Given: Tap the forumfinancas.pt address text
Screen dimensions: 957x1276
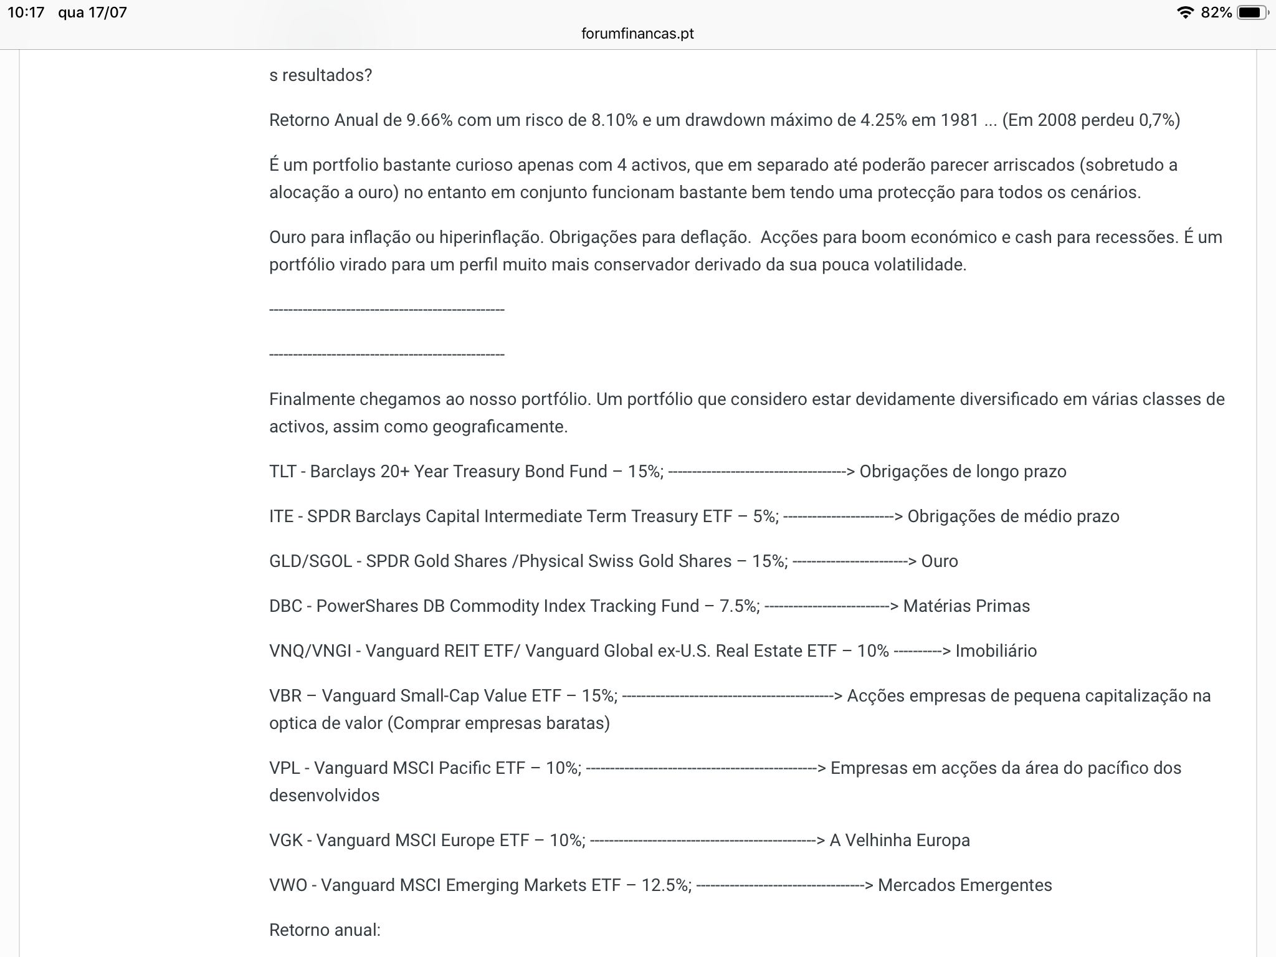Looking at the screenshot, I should tap(637, 34).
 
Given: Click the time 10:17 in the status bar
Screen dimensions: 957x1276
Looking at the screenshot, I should tap(26, 12).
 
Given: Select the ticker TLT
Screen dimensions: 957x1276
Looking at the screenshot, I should tap(282, 472).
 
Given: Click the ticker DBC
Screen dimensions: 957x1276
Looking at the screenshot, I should tap(285, 606).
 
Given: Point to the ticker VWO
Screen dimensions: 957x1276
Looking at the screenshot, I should tap(288, 885).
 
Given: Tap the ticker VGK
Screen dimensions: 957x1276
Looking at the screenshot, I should tap(285, 840).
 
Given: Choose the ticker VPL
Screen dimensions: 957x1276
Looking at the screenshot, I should tap(284, 768).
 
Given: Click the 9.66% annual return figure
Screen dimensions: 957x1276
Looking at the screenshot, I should tap(429, 120).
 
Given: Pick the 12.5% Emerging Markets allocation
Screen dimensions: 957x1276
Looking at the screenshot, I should tap(666, 885).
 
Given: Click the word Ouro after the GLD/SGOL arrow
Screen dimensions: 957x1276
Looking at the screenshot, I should tap(940, 561).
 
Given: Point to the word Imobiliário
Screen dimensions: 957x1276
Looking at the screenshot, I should tap(996, 651).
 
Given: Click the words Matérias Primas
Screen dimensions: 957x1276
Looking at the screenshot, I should tap(966, 606).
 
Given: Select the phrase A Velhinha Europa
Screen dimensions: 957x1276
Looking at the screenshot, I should tap(900, 840).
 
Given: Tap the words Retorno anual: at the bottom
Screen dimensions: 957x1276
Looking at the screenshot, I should tap(325, 930).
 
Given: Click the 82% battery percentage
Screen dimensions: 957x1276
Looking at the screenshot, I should tap(1216, 12).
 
